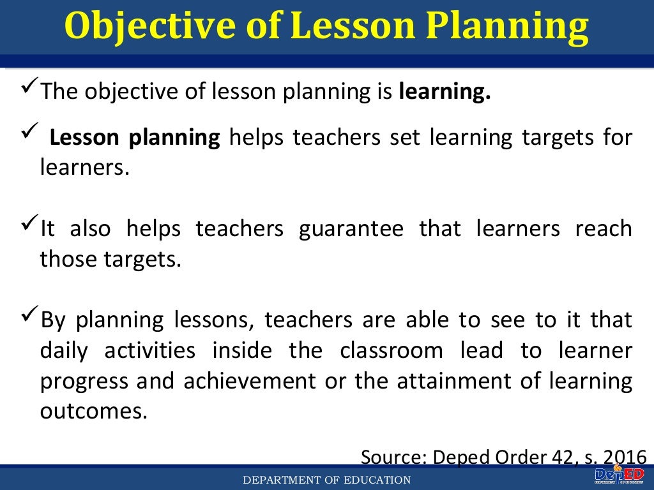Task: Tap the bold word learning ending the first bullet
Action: coord(445,93)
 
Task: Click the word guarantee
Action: coord(351,229)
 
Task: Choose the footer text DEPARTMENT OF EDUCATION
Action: coord(326,480)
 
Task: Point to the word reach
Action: coord(603,229)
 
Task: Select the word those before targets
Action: coord(66,260)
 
